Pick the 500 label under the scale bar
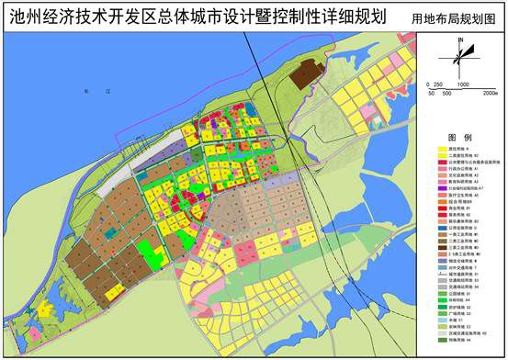(445, 93)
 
